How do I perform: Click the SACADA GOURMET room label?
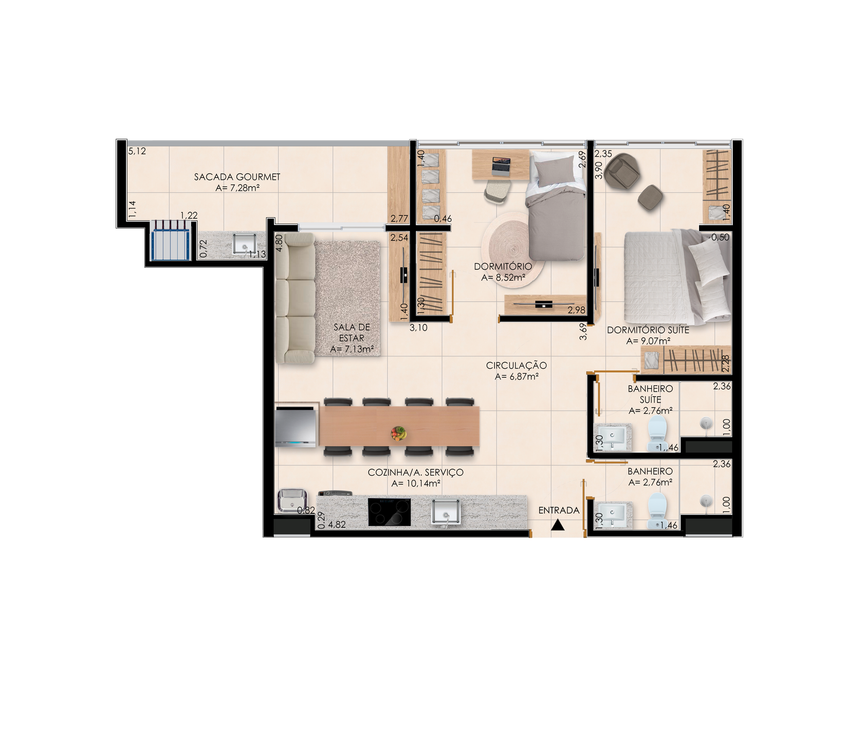237,177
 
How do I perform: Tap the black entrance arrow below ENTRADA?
558,525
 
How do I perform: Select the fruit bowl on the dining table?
398,433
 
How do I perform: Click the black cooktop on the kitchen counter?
389,512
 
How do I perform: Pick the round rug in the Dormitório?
511,249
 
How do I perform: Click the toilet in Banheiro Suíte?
657,433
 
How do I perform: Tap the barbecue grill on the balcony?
170,240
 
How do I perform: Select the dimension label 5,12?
137,151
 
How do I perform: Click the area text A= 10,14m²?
416,483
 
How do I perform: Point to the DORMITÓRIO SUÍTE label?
648,330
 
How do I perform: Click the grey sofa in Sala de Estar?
295,299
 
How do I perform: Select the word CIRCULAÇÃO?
517,365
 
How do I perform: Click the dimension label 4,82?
337,525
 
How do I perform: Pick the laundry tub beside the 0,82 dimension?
292,501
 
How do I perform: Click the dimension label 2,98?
576,310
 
